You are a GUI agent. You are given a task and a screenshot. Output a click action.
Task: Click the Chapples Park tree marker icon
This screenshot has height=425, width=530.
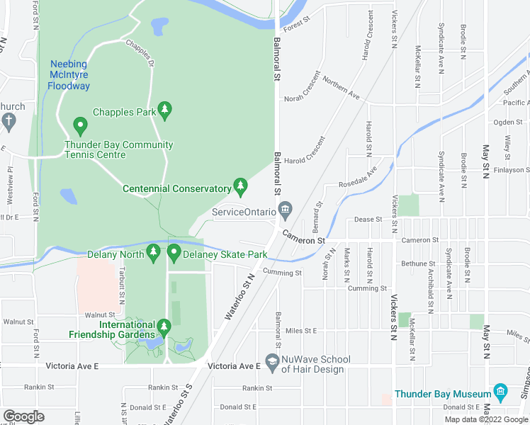tap(165, 109)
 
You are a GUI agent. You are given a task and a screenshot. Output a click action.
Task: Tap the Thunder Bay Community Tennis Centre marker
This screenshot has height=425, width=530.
tap(80, 127)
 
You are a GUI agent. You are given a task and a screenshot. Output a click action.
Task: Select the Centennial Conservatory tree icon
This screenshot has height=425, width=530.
tap(241, 186)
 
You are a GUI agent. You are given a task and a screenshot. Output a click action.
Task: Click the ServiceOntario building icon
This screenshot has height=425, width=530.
tap(285, 209)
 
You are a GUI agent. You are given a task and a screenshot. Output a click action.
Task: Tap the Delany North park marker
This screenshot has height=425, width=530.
tap(154, 251)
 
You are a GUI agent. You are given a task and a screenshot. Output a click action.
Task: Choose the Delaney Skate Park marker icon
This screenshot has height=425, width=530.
tap(174, 251)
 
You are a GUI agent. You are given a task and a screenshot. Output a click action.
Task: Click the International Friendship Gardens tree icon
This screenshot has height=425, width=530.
tap(164, 327)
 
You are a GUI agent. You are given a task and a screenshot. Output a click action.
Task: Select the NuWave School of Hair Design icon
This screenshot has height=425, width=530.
tap(271, 361)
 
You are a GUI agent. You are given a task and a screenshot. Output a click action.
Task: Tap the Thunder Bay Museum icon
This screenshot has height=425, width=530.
tap(500, 392)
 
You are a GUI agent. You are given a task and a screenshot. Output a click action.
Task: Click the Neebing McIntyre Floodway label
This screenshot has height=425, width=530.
tap(69, 75)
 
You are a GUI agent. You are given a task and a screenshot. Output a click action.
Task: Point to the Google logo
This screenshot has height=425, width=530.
tap(24, 416)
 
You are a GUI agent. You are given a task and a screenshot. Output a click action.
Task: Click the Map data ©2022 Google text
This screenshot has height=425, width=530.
tap(485, 419)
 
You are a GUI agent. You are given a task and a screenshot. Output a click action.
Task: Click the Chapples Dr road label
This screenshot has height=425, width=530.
tap(140, 52)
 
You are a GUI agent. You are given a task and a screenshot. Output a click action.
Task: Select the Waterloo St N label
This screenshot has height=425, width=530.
tap(239, 297)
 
